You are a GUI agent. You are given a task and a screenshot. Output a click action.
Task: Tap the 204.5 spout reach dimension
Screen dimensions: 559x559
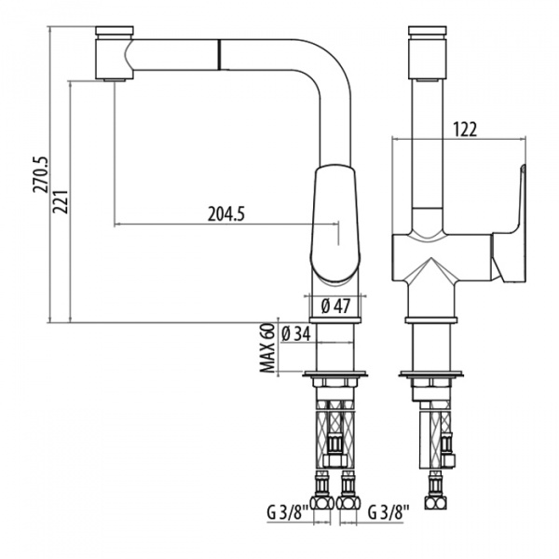point(225,214)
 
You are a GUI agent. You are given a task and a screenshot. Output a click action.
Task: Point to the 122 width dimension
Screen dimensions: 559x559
point(467,130)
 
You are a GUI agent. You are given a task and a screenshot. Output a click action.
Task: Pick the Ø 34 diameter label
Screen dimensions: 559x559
point(294,334)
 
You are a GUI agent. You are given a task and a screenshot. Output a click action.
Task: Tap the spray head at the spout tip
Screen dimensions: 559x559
point(113,57)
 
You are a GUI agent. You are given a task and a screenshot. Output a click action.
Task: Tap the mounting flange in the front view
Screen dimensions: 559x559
point(430,377)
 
